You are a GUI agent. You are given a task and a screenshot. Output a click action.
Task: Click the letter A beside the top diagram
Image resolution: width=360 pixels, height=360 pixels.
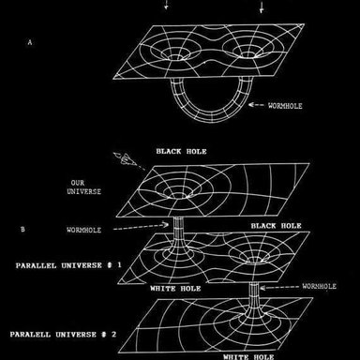[x=30, y=42]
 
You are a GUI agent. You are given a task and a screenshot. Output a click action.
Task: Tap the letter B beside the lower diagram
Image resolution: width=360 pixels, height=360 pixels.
[x=22, y=230]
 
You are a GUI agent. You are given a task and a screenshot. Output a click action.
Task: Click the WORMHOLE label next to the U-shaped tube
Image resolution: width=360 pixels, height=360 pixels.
[x=285, y=106]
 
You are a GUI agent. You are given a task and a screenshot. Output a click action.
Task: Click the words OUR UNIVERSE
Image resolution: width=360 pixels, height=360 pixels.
[x=84, y=187]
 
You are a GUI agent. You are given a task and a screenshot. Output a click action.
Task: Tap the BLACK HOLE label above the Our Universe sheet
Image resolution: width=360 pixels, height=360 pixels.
[x=181, y=152]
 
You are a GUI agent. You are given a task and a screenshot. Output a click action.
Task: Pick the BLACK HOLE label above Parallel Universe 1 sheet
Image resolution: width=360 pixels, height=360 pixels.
[x=277, y=226]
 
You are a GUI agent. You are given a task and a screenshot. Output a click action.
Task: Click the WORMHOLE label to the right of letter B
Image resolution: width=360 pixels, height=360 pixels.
[x=83, y=230]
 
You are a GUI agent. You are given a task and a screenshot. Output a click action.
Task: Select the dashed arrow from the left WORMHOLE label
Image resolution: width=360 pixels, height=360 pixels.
[x=141, y=227]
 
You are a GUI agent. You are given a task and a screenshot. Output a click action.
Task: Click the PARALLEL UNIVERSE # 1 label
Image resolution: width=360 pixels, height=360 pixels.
[x=68, y=265]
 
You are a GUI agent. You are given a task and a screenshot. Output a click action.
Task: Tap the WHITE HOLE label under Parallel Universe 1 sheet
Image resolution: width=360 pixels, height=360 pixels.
[x=175, y=289]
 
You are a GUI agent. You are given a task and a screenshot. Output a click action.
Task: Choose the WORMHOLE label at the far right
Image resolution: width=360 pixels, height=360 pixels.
[x=319, y=286]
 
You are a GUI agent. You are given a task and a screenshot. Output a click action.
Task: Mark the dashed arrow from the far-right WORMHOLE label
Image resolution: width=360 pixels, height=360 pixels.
[x=279, y=287]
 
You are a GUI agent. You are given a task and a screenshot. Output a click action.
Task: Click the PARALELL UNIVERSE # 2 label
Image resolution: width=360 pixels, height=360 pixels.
[x=63, y=335]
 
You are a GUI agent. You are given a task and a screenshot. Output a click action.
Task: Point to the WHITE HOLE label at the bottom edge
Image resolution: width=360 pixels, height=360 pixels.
[x=248, y=357]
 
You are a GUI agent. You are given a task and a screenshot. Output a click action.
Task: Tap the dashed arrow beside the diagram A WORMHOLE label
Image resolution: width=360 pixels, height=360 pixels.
[x=256, y=105]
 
